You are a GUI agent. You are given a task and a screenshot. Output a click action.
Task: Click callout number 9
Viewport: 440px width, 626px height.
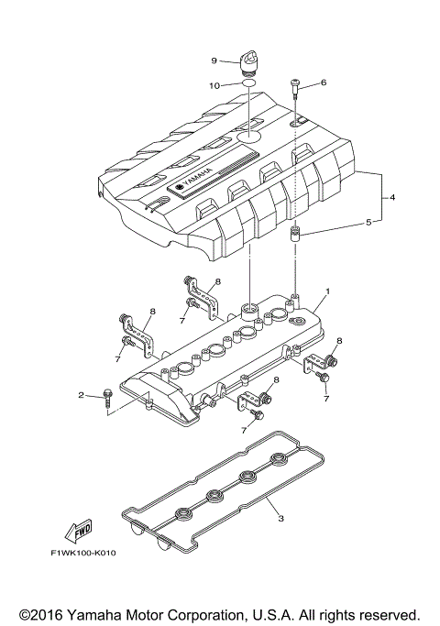pos(214,60)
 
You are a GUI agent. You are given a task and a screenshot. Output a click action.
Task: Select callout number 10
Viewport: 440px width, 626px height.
pos(215,85)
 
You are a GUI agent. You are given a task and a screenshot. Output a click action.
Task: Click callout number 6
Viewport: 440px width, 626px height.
pos(323,82)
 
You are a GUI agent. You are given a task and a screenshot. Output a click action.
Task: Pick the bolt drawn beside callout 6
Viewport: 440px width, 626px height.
pos(296,86)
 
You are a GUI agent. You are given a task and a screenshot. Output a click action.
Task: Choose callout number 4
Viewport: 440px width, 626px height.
pos(392,197)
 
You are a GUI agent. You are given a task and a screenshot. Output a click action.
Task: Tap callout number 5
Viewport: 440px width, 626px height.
pos(369,221)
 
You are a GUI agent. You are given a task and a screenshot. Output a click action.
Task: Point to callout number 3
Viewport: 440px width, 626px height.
pos(280,519)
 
